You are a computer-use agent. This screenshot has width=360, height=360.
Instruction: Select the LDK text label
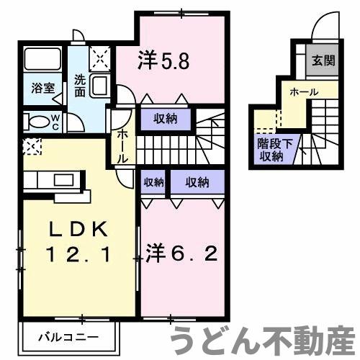pos(78,230)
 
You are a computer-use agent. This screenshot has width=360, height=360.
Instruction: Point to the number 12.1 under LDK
pos(78,253)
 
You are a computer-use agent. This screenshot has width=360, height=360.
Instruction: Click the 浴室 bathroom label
pos(42,88)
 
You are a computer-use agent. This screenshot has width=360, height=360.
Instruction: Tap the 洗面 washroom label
pos(81,87)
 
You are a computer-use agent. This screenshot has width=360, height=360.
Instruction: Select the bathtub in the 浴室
pos(43,59)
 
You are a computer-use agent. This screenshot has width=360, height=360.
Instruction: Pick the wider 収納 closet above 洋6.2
pos(197,183)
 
